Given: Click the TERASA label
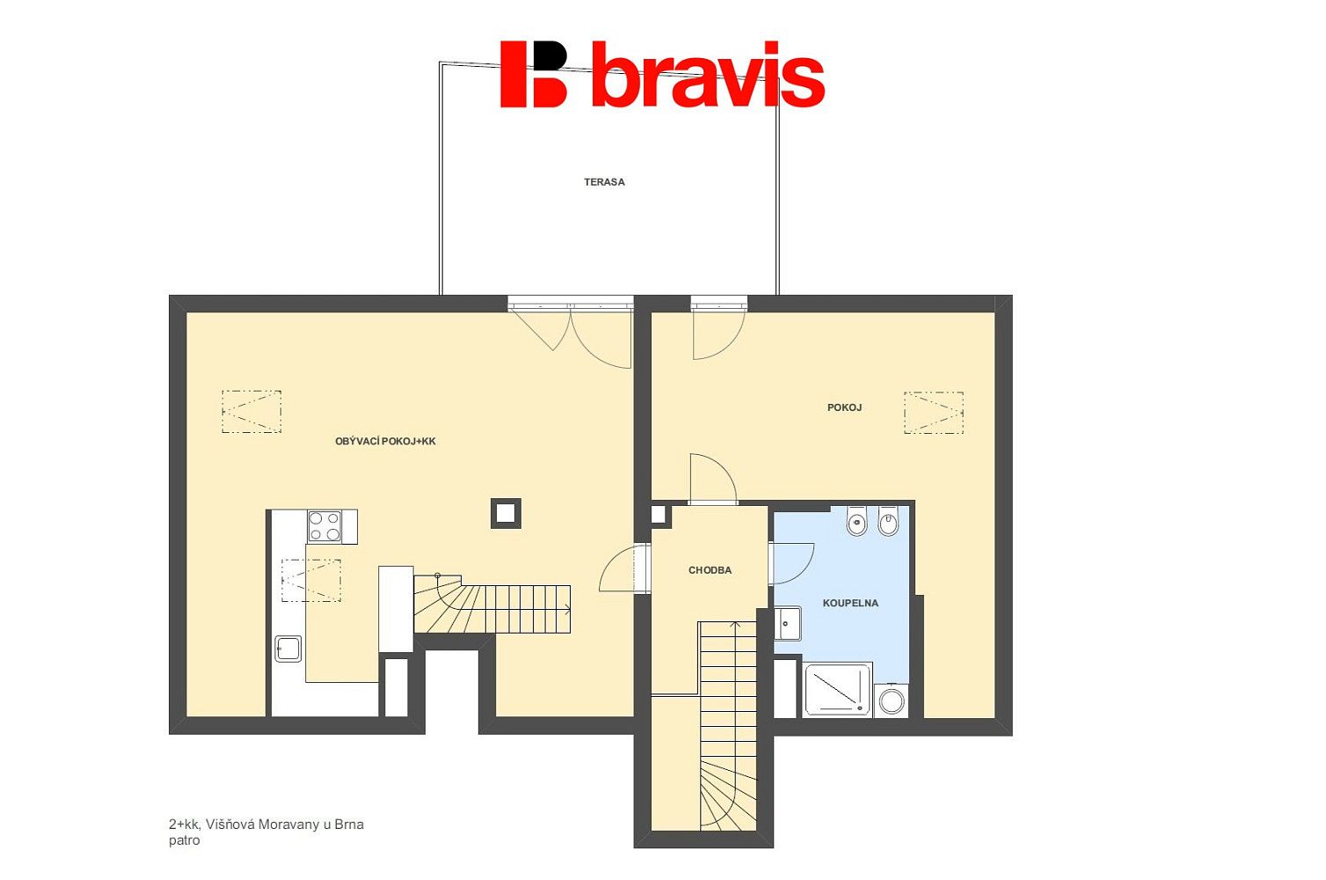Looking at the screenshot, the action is tap(604, 182).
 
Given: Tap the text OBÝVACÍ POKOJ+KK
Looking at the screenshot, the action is tap(385, 442).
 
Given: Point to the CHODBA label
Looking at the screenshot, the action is tap(710, 570).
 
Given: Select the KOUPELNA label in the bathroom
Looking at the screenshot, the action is tap(850, 604).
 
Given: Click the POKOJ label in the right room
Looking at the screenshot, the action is tap(844, 407).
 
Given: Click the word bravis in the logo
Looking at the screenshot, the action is tap(708, 75).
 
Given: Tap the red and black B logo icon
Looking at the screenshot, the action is tap(534, 74).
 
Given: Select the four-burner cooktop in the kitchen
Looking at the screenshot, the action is tap(325, 526).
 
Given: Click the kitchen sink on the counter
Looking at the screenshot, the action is tap(288, 649).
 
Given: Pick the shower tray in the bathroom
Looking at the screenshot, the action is tap(838, 690).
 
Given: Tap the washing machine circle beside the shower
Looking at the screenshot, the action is tap(892, 701).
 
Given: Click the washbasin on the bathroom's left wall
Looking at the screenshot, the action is tap(788, 623).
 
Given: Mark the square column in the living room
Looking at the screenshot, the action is tap(506, 513).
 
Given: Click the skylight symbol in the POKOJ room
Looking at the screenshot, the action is tap(934, 413).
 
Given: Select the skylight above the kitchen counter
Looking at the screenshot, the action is tap(310, 581).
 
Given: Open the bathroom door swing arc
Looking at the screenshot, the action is tap(791, 563).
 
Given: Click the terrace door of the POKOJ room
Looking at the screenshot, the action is tap(718, 329).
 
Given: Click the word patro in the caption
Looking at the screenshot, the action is tap(184, 841).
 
